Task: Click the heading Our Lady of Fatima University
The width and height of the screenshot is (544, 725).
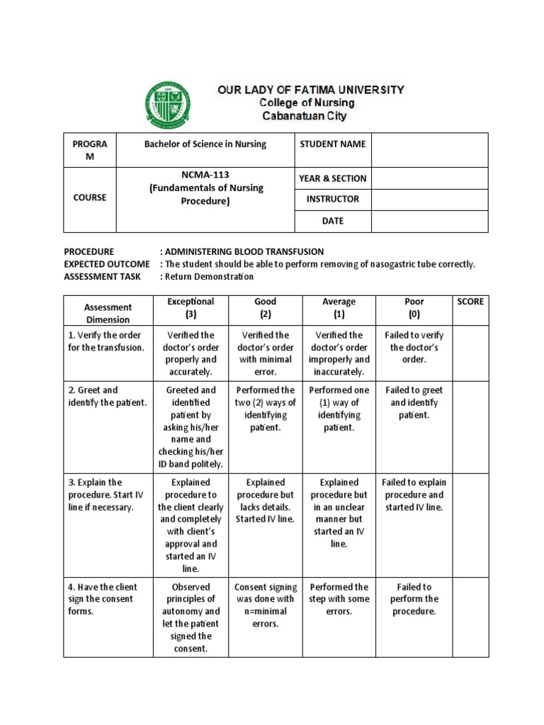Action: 310,90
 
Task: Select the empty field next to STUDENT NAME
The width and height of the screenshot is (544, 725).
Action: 429,149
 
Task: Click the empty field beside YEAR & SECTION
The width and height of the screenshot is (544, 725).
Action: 429,178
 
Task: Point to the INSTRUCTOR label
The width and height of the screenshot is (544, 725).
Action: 332,200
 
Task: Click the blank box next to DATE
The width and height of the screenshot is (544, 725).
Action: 429,221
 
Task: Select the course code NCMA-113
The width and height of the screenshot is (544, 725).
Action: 205,174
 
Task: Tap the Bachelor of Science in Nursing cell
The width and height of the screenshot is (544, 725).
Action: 205,144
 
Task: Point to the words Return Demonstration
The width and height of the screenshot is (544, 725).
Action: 210,276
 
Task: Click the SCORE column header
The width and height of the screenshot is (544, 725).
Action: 470,302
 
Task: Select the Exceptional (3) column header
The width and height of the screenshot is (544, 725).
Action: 190,307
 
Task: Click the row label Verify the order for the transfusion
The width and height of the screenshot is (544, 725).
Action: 105,341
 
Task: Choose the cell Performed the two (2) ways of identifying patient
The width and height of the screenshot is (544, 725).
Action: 265,409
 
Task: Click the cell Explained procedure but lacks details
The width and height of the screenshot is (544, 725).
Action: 265,501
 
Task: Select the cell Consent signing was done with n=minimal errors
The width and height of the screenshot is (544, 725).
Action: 265,605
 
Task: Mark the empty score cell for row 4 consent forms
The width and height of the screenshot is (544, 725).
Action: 470,617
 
